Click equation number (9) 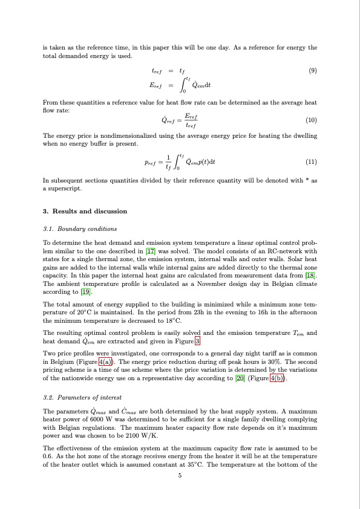click(312, 71)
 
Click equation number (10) click(312, 120)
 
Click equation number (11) click(312, 163)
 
